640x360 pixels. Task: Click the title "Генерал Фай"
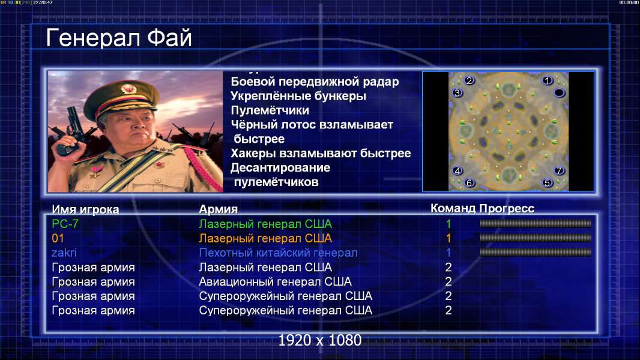pyautogui.click(x=119, y=38)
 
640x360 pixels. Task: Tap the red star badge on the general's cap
pyautogui.click(x=128, y=88)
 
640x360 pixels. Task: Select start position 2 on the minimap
pyautogui.click(x=469, y=80)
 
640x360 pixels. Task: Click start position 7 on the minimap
pyautogui.click(x=559, y=170)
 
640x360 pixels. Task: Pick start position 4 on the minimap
pyautogui.click(x=457, y=170)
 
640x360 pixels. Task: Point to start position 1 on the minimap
pyautogui.click(x=548, y=81)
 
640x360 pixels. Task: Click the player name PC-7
pyautogui.click(x=65, y=224)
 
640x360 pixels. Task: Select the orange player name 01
pyautogui.click(x=58, y=238)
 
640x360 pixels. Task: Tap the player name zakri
pyautogui.click(x=64, y=253)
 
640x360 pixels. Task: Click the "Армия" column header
pyautogui.click(x=219, y=209)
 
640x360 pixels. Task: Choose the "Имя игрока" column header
pyautogui.click(x=85, y=209)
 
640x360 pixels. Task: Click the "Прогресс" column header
pyautogui.click(x=507, y=209)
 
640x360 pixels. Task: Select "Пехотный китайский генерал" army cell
pyautogui.click(x=278, y=253)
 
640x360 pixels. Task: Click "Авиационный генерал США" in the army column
pyautogui.click(x=275, y=282)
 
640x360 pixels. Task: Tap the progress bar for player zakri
pyautogui.click(x=536, y=253)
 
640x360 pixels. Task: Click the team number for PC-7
pyautogui.click(x=448, y=224)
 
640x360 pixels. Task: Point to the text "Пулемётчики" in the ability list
pyautogui.click(x=270, y=110)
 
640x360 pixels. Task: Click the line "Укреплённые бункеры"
pyautogui.click(x=298, y=96)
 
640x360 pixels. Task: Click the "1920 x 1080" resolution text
pyautogui.click(x=320, y=340)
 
